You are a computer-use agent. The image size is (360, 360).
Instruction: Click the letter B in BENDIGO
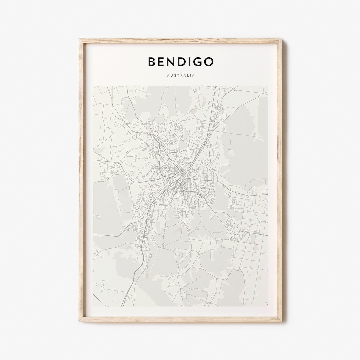click(x=152, y=62)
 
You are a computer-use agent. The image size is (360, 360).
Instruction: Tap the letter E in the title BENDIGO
click(x=162, y=62)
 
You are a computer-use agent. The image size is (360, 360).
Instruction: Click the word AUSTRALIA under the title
click(x=181, y=75)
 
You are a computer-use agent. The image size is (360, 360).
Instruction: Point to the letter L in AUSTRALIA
click(x=187, y=75)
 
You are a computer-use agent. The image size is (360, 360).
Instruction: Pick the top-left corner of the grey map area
click(x=94, y=86)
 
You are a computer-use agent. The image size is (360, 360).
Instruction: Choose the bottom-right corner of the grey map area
click(x=268, y=306)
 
